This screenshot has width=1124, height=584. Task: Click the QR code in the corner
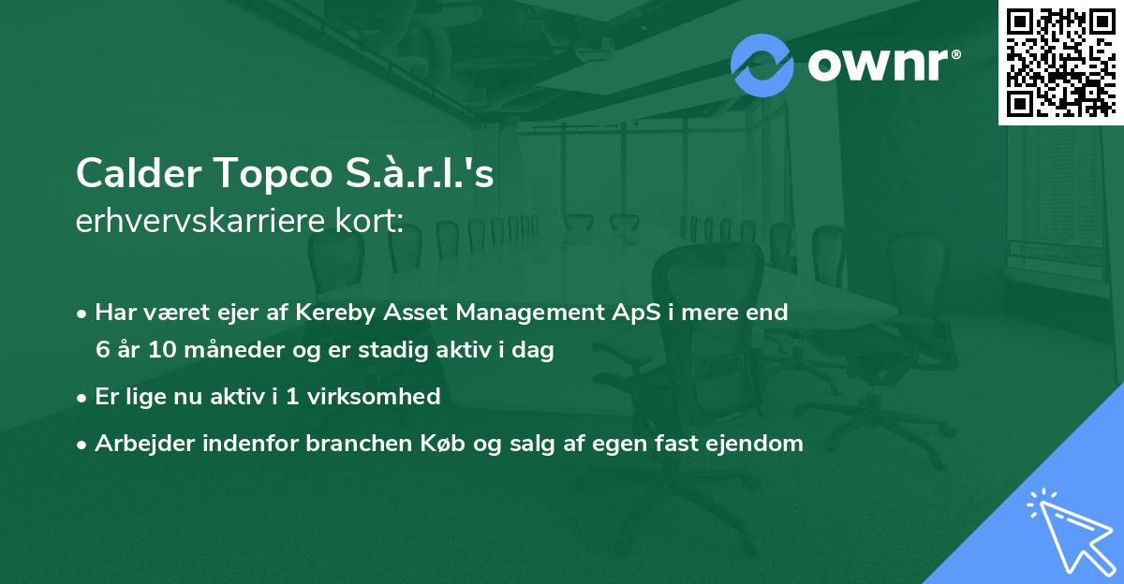(1061, 62)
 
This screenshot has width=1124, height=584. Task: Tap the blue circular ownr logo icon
(762, 66)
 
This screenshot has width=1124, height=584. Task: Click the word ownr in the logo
(879, 65)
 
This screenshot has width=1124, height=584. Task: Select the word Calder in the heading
(139, 172)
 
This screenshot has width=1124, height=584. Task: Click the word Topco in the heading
(274, 173)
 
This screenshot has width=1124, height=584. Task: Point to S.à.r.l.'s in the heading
(420, 171)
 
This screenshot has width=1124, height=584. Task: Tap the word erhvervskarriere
(200, 221)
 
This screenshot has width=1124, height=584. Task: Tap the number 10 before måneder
(162, 349)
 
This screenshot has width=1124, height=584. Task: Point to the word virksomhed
(374, 397)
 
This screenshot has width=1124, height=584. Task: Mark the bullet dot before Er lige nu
(81, 399)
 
